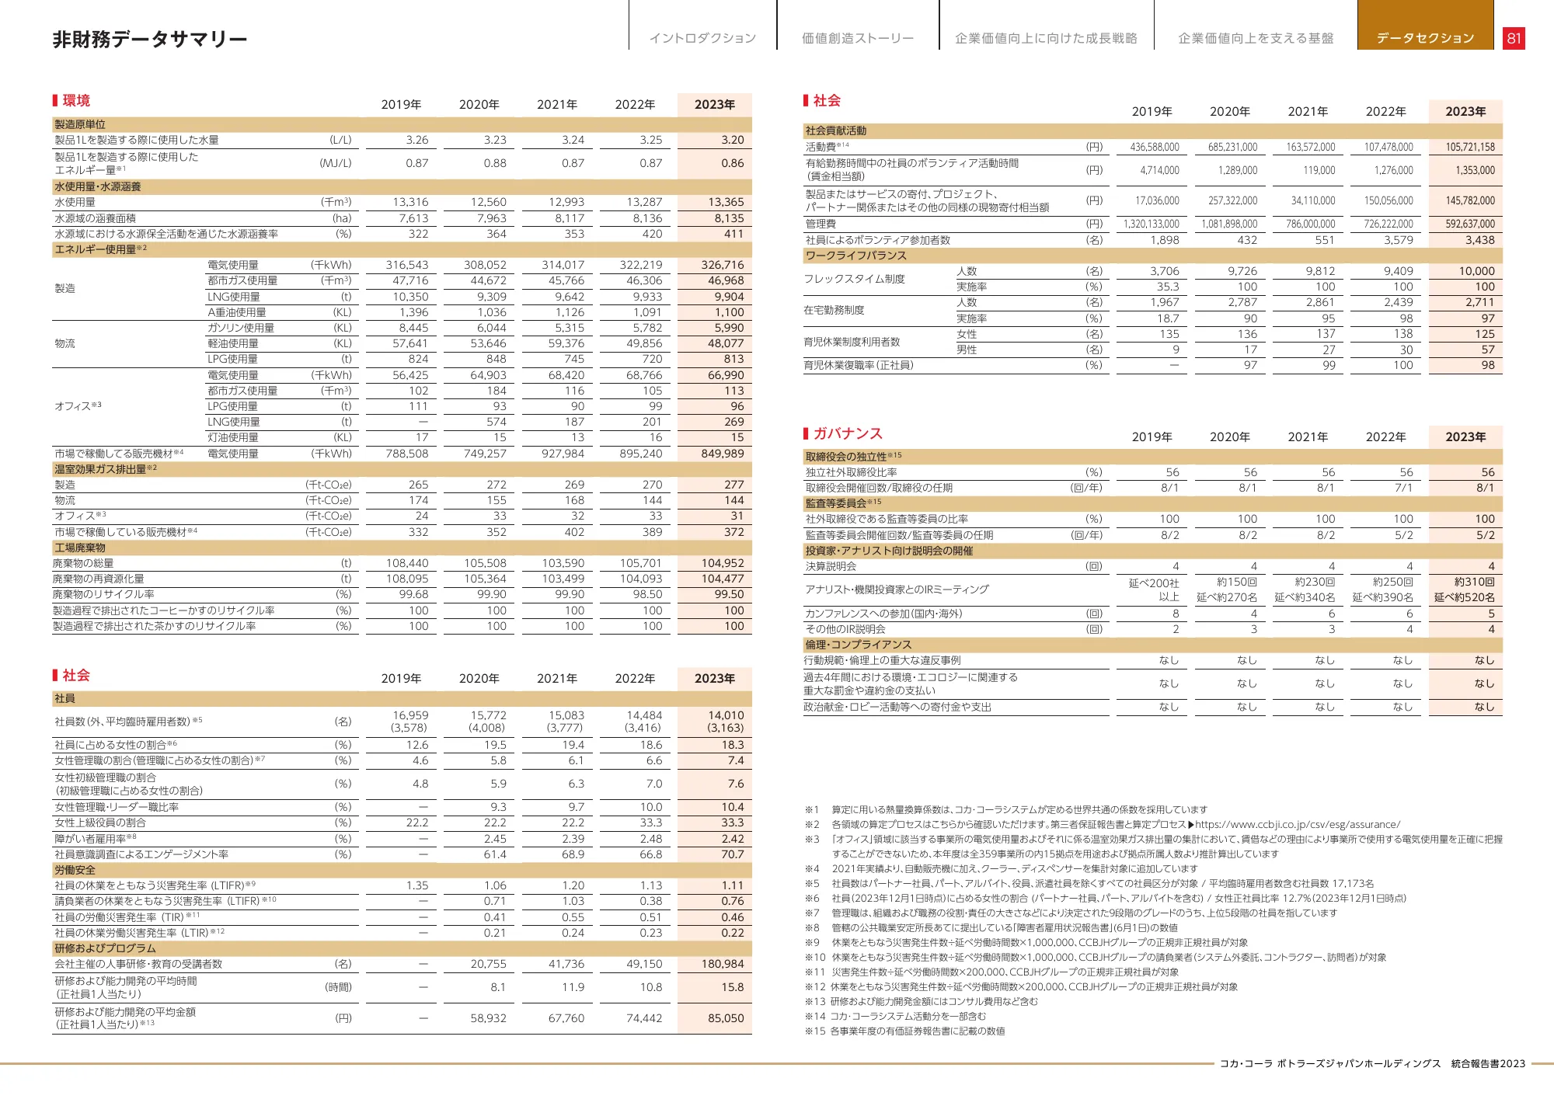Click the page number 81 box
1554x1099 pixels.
pyautogui.click(x=1513, y=38)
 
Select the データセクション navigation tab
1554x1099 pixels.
pyautogui.click(x=1425, y=38)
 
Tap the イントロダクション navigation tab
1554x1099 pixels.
pyautogui.click(x=702, y=38)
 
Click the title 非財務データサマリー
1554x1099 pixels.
pyautogui.click(x=150, y=40)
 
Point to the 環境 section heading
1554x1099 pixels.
pyautogui.click(x=76, y=100)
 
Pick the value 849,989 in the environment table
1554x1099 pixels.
pyautogui.click(x=722, y=454)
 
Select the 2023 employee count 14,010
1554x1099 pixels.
pyautogui.click(x=726, y=715)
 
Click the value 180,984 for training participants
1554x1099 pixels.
pyautogui.click(x=722, y=964)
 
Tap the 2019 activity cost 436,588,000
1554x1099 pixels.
pyautogui.click(x=1155, y=147)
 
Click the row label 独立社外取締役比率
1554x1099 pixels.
pyautogui.click(x=852, y=472)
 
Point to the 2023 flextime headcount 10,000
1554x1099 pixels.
pyautogui.click(x=1476, y=271)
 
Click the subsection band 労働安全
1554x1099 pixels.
pyautogui.click(x=75, y=870)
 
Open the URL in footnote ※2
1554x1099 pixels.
pyautogui.click(x=1298, y=825)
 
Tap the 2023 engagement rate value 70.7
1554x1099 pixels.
pyautogui.click(x=732, y=854)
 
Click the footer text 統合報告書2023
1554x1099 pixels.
pyautogui.click(x=1488, y=1064)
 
